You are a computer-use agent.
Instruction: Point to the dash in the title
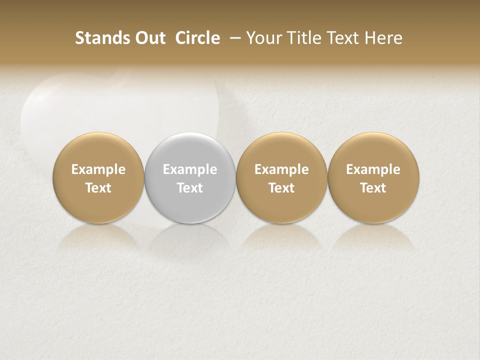coord(233,38)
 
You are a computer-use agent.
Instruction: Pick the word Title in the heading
coord(300,38)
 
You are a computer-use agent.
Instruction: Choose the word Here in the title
coord(383,38)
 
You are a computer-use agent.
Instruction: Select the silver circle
coord(190,150)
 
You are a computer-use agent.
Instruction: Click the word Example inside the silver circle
coord(190,169)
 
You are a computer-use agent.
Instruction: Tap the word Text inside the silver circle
coord(190,188)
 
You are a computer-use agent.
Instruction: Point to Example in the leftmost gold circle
coord(98,169)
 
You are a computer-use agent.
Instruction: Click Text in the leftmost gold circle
coord(98,188)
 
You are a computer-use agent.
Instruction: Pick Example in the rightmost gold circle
coord(373,169)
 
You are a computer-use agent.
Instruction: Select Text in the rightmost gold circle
coord(373,188)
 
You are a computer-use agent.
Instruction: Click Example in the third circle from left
coord(281,169)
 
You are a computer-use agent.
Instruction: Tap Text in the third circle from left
coord(281,188)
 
